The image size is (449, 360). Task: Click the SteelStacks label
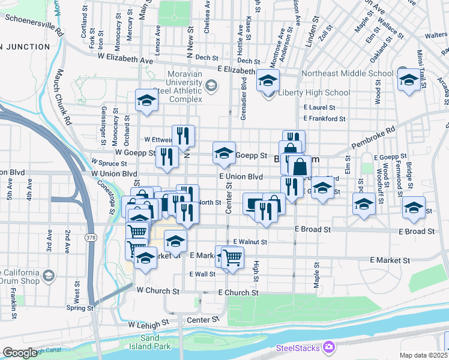[x=298, y=347]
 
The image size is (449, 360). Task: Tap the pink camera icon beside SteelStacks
[x=328, y=347]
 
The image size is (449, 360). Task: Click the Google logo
[x=20, y=353]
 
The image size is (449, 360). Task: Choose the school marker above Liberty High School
[x=268, y=80]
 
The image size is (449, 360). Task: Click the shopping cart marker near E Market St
[x=232, y=257]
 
